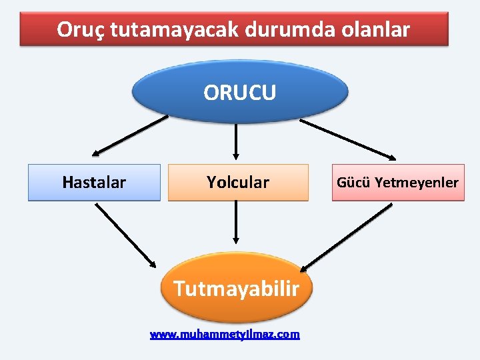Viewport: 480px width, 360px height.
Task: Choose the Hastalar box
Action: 94,182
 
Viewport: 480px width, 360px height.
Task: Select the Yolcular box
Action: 238,182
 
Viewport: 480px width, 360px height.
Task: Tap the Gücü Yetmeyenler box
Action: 397,182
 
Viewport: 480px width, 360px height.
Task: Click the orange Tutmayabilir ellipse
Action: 237,288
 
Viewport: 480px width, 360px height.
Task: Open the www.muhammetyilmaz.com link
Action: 225,334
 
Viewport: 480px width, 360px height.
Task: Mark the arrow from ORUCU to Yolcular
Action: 236,141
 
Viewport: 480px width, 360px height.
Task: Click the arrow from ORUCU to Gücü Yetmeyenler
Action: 348,140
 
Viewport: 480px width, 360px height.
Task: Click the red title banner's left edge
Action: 22,29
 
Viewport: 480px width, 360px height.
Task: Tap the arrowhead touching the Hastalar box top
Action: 95,153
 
